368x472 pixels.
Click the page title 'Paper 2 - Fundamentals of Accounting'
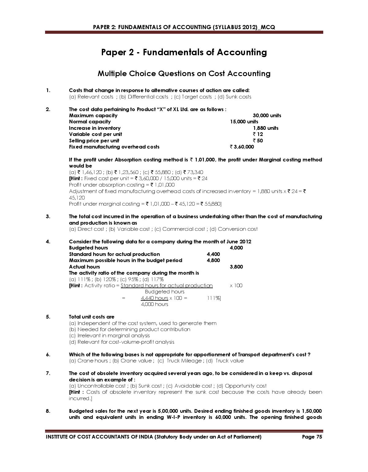184,52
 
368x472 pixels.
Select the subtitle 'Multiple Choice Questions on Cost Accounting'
184,74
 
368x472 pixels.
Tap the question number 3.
48,217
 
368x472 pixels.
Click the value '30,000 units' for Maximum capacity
266,116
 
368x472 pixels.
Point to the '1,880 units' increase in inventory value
266,128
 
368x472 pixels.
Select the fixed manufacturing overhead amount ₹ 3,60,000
242,147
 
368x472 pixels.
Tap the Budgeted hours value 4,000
236,248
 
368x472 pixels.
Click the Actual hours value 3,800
236,267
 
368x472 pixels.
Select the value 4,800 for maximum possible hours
213,261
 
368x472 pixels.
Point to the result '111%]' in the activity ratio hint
214,298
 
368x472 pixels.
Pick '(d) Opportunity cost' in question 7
242,386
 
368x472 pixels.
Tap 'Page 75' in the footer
312,437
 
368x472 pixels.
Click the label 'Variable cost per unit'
95,134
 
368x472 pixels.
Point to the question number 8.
48,411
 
